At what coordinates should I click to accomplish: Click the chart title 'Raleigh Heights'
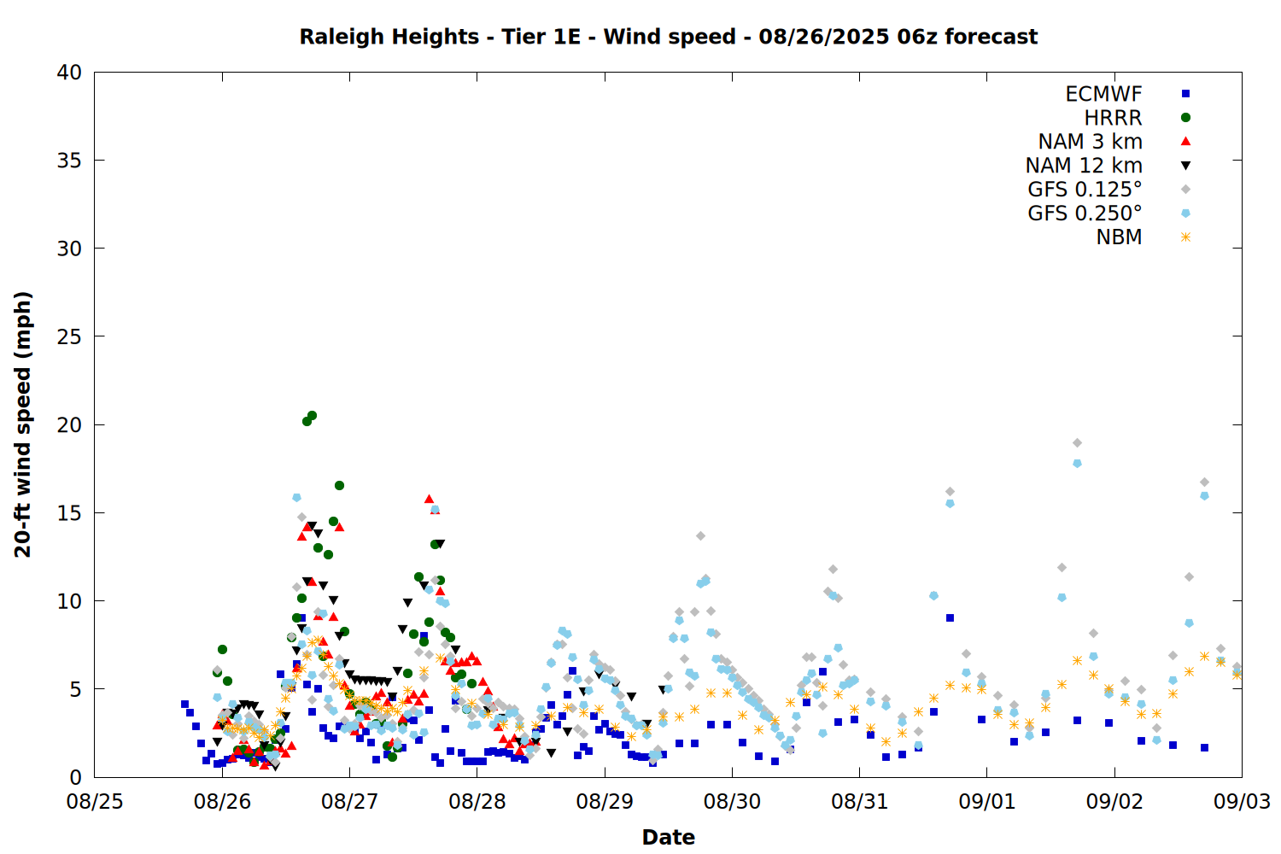tap(389, 37)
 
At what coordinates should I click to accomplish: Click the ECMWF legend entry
tap(1103, 94)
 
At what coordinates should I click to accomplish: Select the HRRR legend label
tap(1113, 118)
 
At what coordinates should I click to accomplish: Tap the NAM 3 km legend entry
tap(1090, 141)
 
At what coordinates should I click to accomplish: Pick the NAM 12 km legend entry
tap(1084, 166)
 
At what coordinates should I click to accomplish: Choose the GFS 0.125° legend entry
tap(1085, 190)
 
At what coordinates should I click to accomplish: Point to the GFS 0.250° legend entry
tap(1085, 213)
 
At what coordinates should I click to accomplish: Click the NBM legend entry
tap(1119, 237)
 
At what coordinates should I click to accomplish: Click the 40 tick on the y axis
tap(69, 72)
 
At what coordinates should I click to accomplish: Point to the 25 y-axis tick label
tap(69, 337)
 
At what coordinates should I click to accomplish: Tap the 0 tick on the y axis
tap(76, 777)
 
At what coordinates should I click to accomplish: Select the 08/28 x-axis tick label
tap(477, 802)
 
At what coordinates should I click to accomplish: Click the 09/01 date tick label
tap(987, 802)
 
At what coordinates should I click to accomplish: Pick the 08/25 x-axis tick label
tap(95, 802)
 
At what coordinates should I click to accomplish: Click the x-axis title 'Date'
tap(668, 838)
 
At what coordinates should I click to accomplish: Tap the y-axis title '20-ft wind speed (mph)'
tap(23, 424)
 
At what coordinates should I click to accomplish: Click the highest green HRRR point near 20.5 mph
tap(312, 416)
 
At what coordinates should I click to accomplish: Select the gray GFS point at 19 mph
tap(1077, 442)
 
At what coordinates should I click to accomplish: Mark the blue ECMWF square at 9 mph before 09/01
tap(950, 617)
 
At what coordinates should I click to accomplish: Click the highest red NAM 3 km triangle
tap(429, 499)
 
